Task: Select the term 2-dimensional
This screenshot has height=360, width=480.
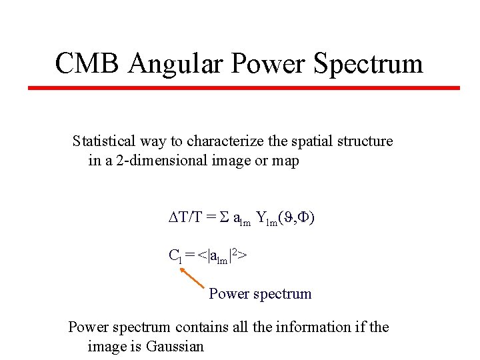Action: coord(144,161)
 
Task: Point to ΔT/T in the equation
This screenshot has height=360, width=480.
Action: coord(184,218)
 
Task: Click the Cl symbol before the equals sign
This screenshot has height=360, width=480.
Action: coord(174,255)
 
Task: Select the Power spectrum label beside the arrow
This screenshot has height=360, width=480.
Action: coord(260,293)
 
